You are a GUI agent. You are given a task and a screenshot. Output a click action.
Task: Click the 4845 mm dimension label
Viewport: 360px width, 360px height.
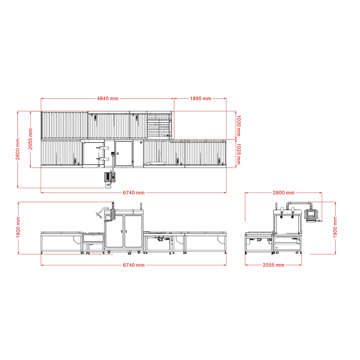(x=107, y=99)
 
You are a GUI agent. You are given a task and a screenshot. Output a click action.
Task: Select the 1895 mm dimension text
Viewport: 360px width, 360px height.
(x=201, y=99)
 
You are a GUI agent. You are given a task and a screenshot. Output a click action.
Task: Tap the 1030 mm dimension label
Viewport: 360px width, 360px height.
(x=239, y=126)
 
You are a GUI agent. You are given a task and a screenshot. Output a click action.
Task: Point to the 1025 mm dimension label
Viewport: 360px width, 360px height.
(x=239, y=154)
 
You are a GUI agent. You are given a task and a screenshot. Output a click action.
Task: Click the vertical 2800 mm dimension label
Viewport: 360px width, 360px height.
(x=18, y=149)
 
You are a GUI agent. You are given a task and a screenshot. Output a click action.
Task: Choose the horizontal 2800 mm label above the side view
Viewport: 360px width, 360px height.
(x=284, y=193)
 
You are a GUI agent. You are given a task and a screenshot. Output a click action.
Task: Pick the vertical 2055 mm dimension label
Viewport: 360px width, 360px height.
(x=31, y=139)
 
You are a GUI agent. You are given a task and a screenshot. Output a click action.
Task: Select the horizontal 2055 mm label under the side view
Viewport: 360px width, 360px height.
(x=274, y=265)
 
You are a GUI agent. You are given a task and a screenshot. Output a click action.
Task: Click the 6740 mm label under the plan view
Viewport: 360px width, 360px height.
(x=134, y=193)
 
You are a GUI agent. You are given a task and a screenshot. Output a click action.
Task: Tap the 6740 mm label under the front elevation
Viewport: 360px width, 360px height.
(x=134, y=265)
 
